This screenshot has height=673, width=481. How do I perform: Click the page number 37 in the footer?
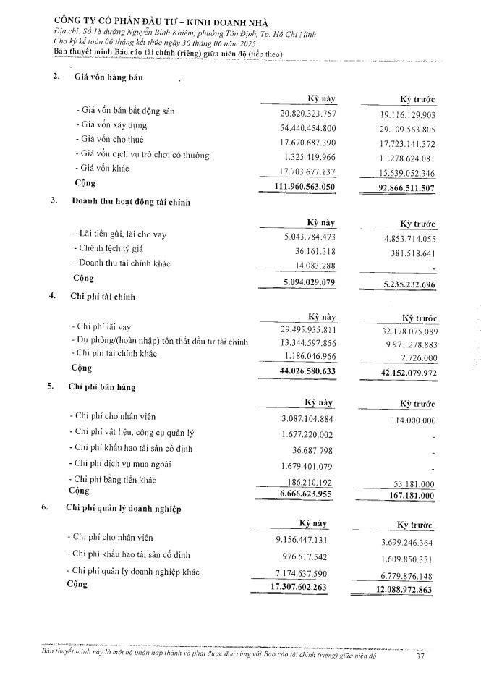(x=420, y=657)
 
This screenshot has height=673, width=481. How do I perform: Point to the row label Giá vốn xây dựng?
(x=114, y=125)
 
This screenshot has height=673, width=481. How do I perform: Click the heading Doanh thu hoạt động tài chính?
(x=131, y=202)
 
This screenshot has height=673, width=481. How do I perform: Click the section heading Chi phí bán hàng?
(x=101, y=386)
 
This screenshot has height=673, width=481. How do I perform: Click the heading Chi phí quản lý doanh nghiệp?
(x=123, y=509)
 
